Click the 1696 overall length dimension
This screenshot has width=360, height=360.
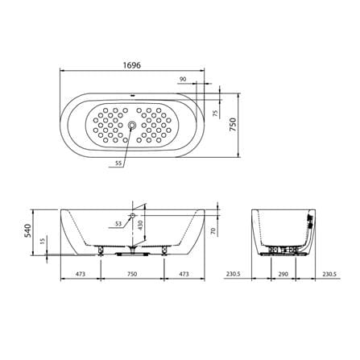click(x=132, y=65)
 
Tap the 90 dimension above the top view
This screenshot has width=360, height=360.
click(x=183, y=79)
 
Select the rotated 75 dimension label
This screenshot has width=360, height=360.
click(x=215, y=114)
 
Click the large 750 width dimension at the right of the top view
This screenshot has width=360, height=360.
click(x=233, y=124)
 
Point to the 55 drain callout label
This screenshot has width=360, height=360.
click(x=118, y=163)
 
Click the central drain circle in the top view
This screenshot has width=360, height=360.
click(x=132, y=125)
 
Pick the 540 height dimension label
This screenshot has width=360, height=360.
click(x=28, y=230)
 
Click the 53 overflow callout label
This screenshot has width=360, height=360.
click(x=118, y=224)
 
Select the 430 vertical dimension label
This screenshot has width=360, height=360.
click(x=140, y=226)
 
